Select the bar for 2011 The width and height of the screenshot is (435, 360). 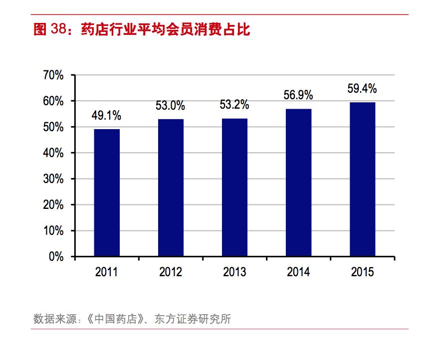107,193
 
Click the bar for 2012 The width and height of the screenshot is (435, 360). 171,188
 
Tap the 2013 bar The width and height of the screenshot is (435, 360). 234,187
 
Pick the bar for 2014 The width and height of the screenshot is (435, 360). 298,183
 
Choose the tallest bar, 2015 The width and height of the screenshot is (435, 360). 362,180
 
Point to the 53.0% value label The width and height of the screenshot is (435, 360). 170,106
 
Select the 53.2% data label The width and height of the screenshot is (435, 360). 234,105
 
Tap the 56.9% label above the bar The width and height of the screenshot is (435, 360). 298,95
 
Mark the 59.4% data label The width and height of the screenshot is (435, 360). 362,89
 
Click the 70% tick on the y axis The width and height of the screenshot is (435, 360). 53,75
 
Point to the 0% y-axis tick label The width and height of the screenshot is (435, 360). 56,257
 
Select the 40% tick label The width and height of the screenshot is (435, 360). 53,153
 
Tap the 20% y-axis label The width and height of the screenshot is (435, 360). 53,205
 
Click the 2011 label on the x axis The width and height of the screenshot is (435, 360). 106,272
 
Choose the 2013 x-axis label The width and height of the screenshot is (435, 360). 234,272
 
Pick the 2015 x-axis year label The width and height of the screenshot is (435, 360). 362,272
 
